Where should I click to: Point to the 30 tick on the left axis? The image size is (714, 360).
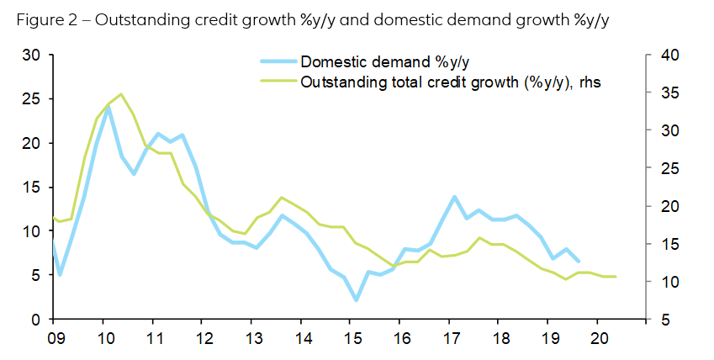[30, 56]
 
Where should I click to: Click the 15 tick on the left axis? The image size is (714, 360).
[30, 188]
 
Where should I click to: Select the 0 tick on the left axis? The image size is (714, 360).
[34, 320]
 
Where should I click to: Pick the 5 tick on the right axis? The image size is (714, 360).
[664, 320]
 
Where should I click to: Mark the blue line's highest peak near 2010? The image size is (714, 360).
[108, 107]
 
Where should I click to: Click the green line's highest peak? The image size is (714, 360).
[121, 94]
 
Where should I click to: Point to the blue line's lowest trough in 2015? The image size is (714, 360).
[357, 300]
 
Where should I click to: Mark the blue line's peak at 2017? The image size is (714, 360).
[454, 197]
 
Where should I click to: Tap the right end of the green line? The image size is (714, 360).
[616, 277]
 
